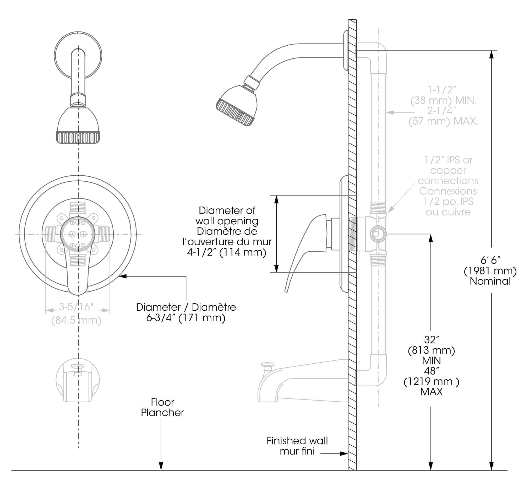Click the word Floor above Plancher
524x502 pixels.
(162, 402)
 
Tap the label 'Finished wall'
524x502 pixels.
(297, 440)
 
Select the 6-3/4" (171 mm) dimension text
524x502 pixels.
(185, 318)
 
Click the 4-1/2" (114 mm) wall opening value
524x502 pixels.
(226, 252)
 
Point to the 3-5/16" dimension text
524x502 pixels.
(76, 307)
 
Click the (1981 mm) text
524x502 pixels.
(490, 271)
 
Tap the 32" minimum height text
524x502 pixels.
(431, 340)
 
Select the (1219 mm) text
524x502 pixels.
(431, 382)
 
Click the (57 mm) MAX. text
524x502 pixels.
(443, 121)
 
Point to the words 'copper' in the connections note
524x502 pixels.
(448, 170)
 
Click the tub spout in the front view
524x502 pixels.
(78, 380)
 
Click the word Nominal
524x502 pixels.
(490, 281)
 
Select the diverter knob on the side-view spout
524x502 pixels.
(268, 365)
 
